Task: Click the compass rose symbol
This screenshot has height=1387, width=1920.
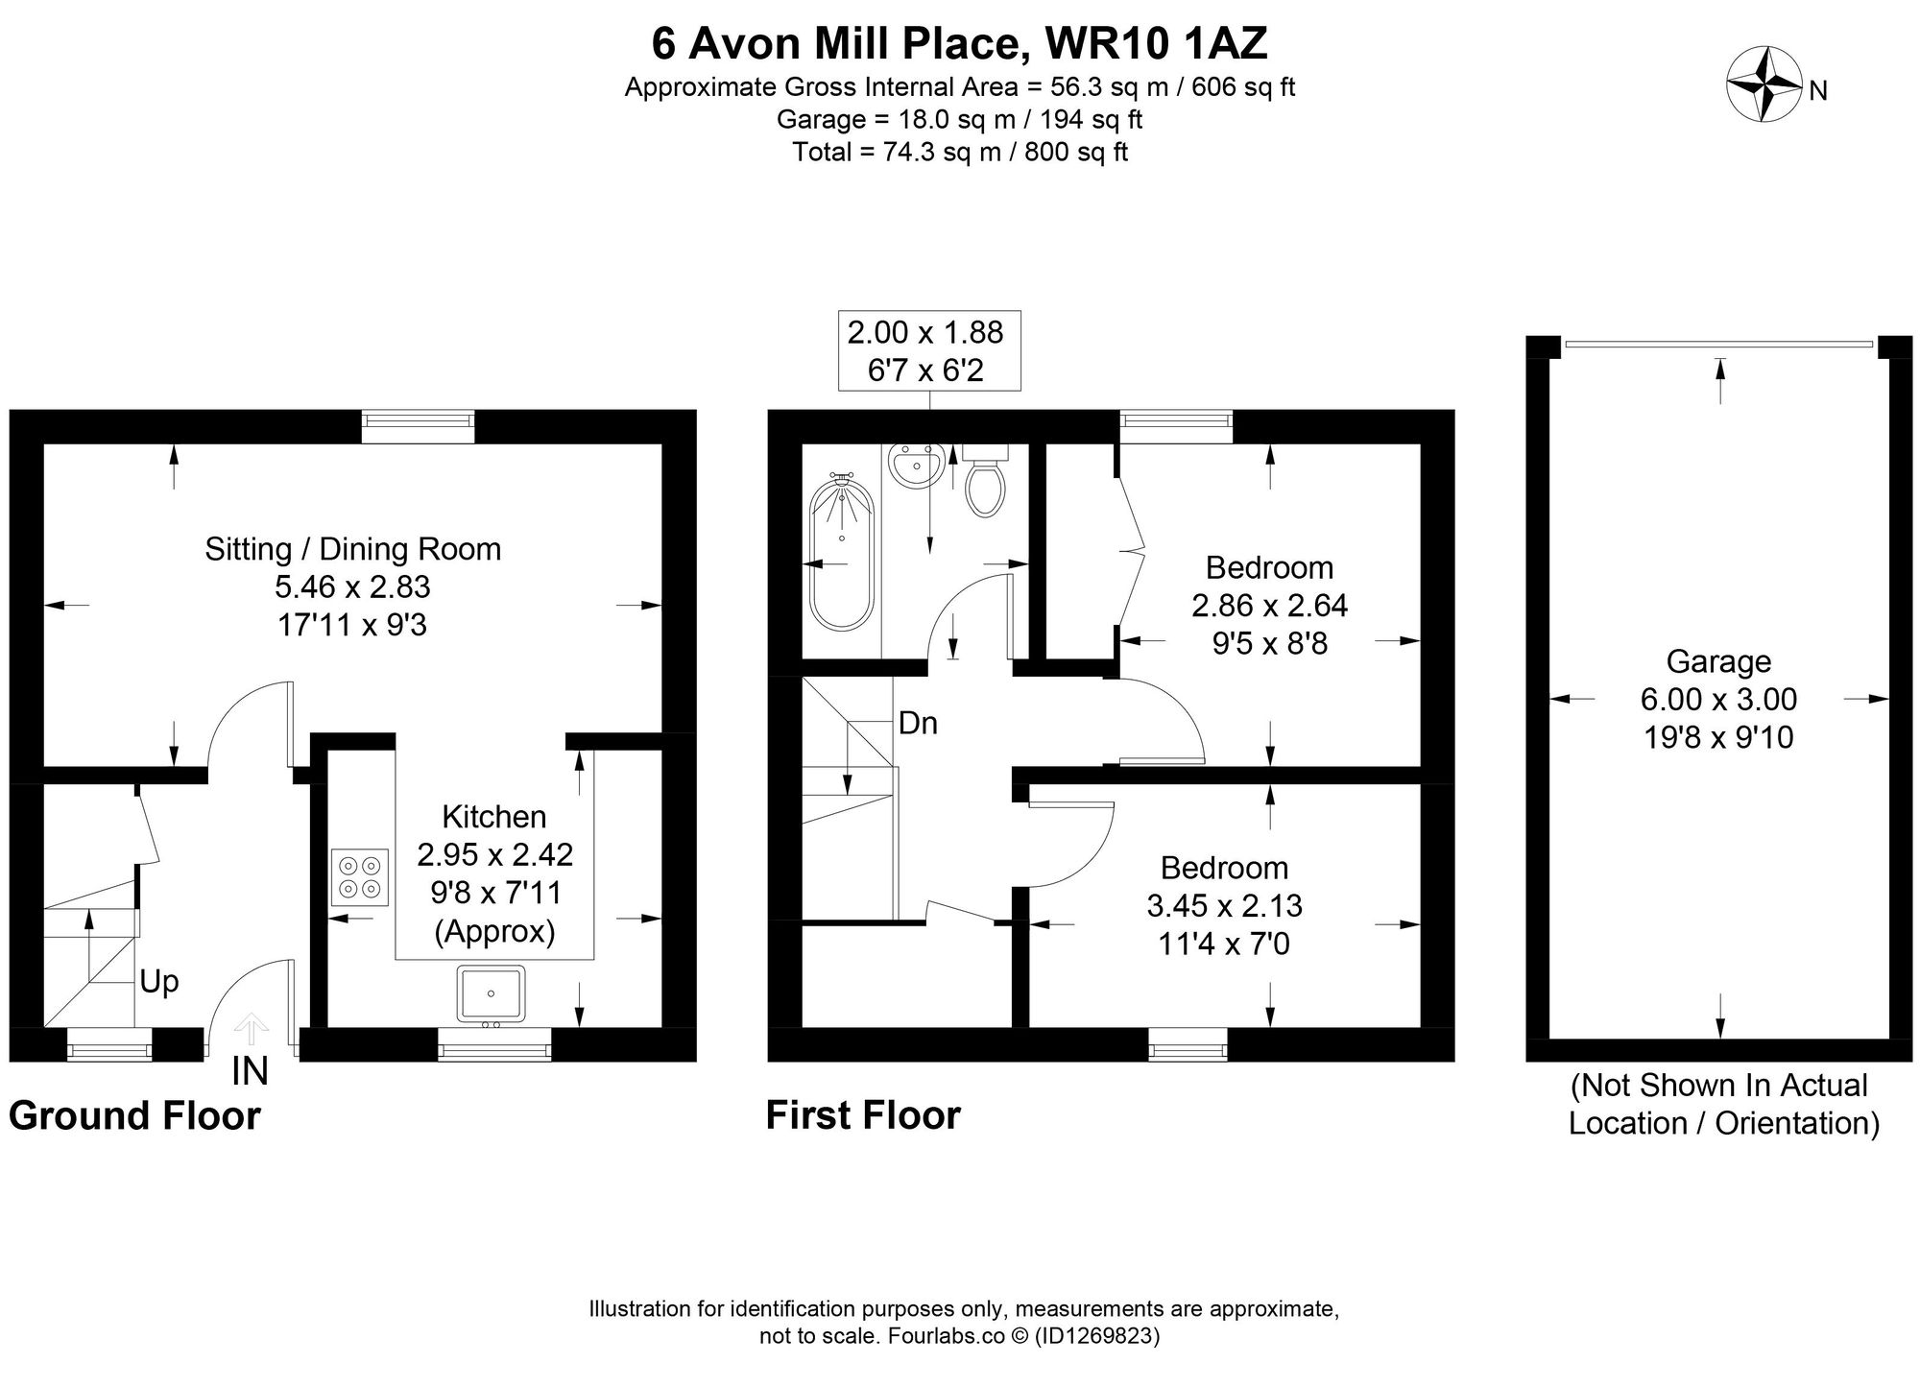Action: tap(1764, 84)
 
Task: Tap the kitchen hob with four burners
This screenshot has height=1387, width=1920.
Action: tap(360, 877)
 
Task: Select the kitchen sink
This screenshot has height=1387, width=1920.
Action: tap(492, 992)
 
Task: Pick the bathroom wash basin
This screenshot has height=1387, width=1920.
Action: tap(915, 467)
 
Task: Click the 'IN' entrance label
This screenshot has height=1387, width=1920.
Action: tap(250, 1071)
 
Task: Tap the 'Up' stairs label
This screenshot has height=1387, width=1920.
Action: tap(159, 982)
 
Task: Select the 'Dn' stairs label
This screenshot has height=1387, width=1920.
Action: tap(918, 724)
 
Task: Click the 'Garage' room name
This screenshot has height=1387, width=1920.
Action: tap(1718, 661)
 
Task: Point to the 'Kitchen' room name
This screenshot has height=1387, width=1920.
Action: tap(493, 817)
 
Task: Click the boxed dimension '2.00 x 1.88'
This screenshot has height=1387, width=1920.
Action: tap(924, 332)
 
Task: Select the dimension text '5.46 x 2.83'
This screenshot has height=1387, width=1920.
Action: tap(352, 586)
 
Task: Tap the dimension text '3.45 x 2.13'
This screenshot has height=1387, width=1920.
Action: tap(1224, 905)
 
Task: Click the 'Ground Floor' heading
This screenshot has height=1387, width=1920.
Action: tap(134, 1116)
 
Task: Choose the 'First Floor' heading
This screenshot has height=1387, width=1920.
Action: tap(862, 1115)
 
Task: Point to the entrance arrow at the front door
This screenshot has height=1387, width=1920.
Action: tap(251, 1028)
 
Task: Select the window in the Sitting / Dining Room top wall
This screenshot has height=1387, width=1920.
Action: tap(418, 425)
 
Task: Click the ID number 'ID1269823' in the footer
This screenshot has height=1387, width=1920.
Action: tap(1097, 1336)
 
